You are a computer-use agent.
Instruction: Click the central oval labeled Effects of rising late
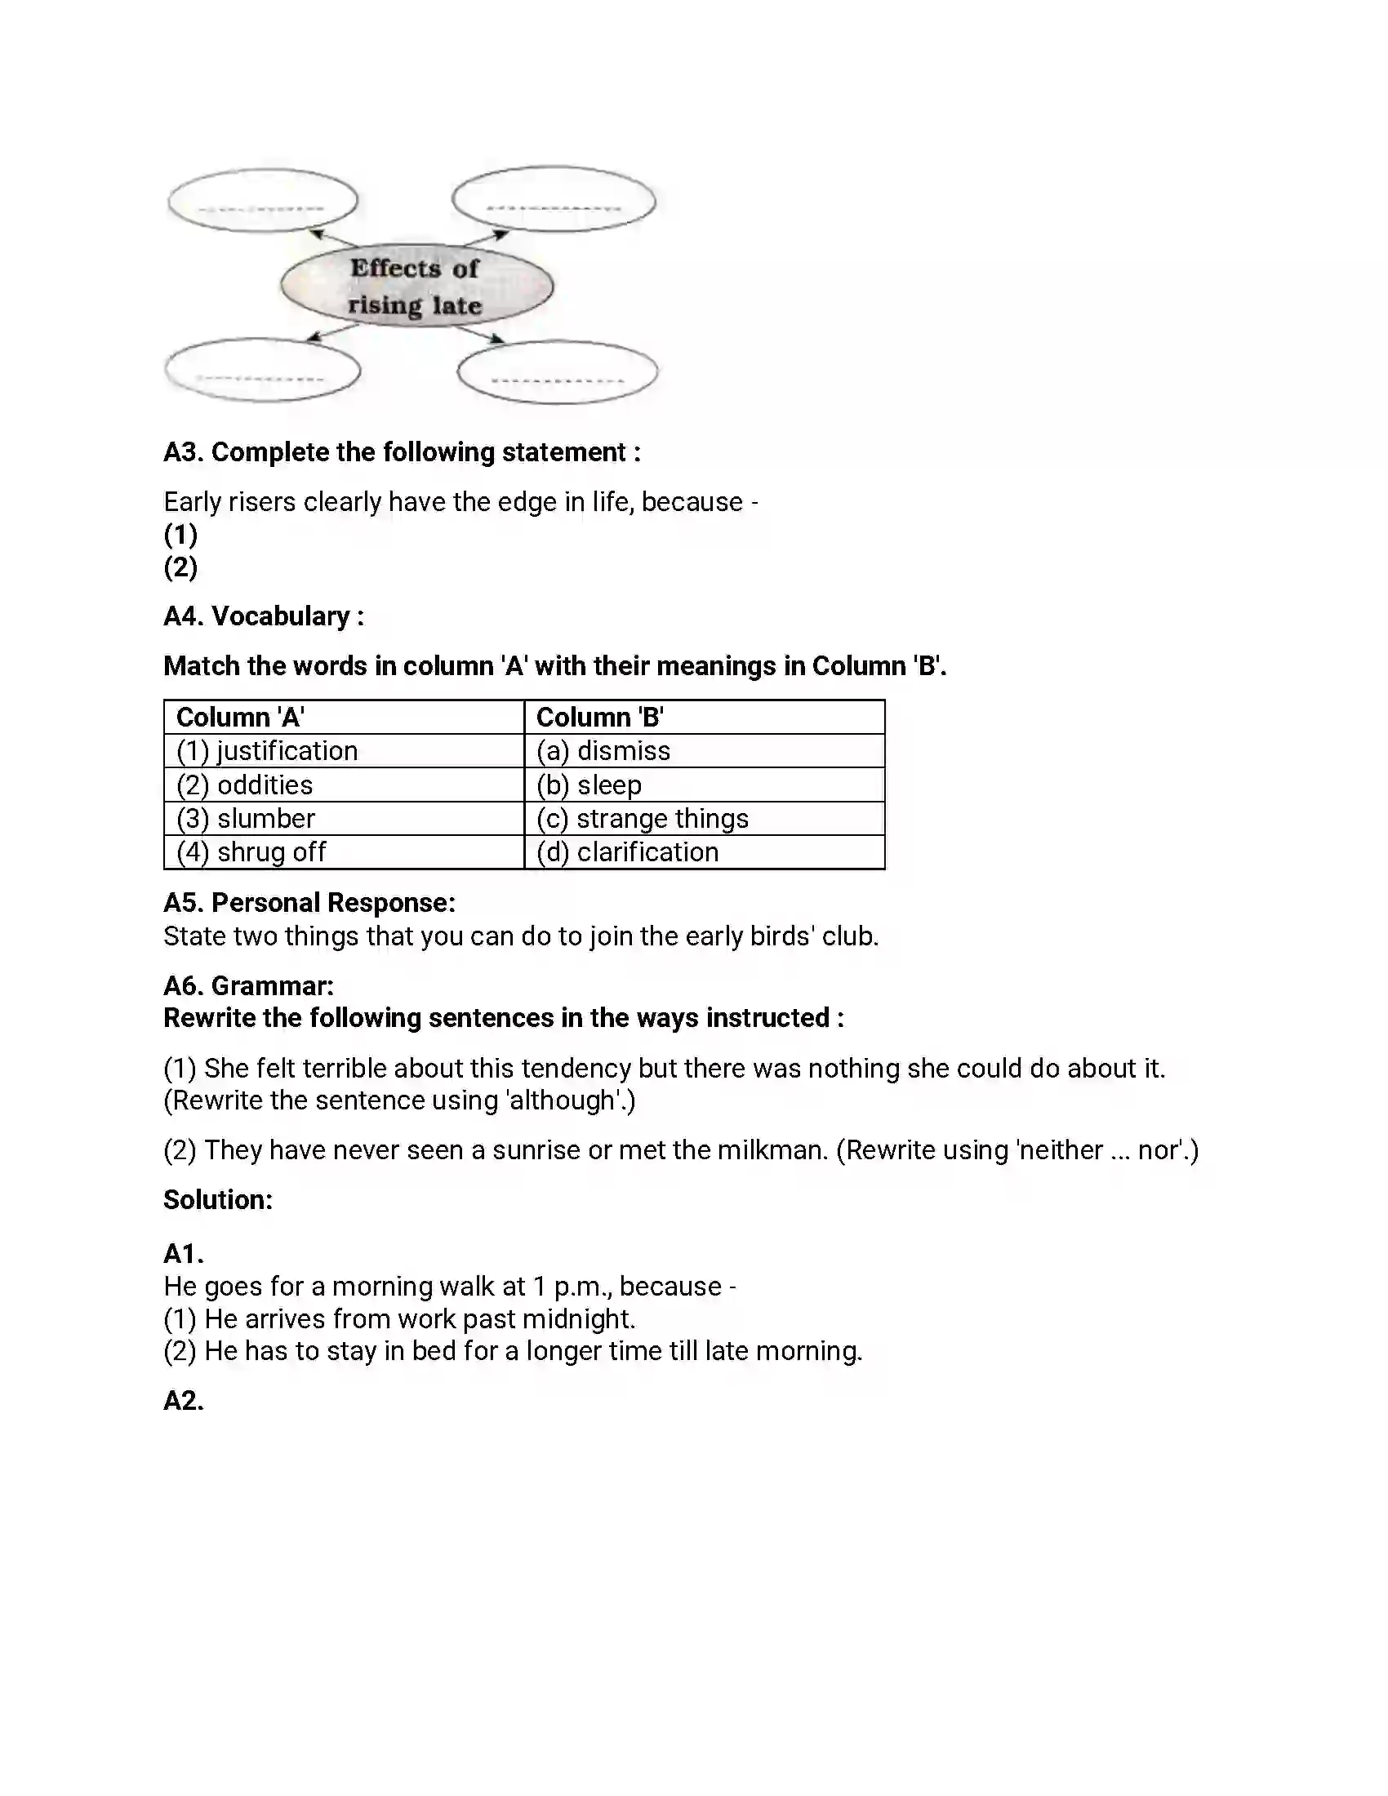pyautogui.click(x=416, y=287)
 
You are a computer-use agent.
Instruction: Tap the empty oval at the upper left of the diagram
pyautogui.click(x=262, y=200)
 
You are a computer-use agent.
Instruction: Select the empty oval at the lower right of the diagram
pyautogui.click(x=558, y=372)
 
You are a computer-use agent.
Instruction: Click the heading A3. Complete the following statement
pyautogui.click(x=401, y=452)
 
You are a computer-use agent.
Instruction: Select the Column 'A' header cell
pyautogui.click(x=344, y=717)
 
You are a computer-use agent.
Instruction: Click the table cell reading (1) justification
pyautogui.click(x=344, y=751)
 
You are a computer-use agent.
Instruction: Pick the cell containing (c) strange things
pyautogui.click(x=704, y=819)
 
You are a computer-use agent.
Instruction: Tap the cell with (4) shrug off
pyautogui.click(x=344, y=852)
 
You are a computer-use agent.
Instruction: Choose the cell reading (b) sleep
pyautogui.click(x=704, y=785)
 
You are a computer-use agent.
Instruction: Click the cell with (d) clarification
pyautogui.click(x=704, y=852)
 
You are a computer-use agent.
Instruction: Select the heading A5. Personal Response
pyautogui.click(x=309, y=903)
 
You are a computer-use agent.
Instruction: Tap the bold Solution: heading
pyautogui.click(x=218, y=1200)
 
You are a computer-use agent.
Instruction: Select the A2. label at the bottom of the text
pyautogui.click(x=184, y=1400)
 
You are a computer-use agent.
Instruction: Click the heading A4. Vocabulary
pyautogui.click(x=263, y=616)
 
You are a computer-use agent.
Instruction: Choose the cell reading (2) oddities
pyautogui.click(x=344, y=785)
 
